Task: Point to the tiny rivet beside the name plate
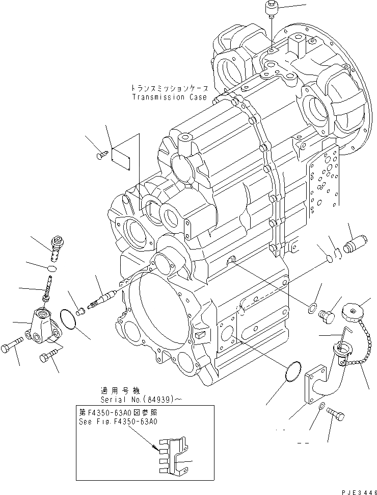point(100,155)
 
